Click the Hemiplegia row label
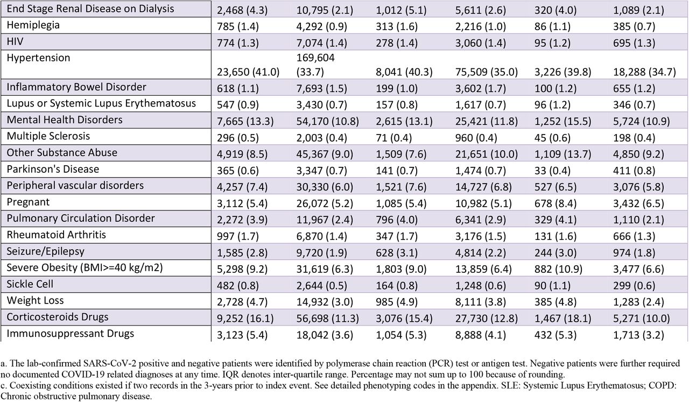[33, 25]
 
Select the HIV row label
[15, 41]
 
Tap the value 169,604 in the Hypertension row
[315, 58]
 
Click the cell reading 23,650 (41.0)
[248, 72]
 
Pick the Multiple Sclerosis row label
[48, 136]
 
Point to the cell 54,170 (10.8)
[328, 121]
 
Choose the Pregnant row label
[28, 202]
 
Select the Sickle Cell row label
[30, 284]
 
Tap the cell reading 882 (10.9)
[559, 269]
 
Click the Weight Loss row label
[35, 300]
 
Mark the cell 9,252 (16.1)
[245, 319]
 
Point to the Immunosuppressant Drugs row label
[71, 334]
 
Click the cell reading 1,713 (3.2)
[638, 335]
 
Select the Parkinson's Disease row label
[53, 169]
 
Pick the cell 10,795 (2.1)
[325, 10]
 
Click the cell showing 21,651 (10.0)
[487, 154]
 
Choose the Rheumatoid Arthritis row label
[57, 235]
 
